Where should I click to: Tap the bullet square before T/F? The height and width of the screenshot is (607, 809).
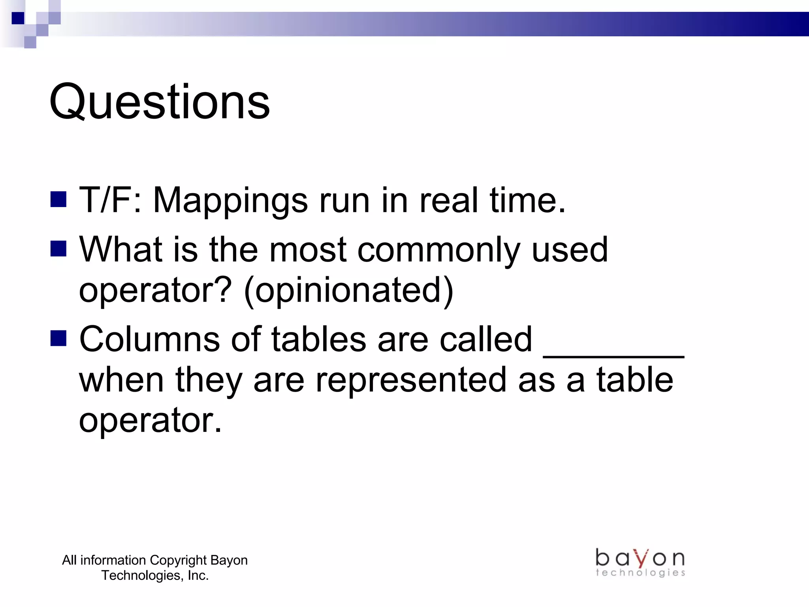[58, 200]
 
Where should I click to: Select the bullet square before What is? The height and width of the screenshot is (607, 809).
[58, 249]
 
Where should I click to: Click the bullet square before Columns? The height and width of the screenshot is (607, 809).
[58, 338]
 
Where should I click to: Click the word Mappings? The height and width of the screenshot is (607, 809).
[230, 201]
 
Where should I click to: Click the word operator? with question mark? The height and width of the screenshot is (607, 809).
[155, 291]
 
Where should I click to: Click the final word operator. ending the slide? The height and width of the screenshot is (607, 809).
[150, 420]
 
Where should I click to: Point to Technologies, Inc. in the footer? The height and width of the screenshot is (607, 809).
[155, 575]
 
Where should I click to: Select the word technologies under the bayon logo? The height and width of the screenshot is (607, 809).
[640, 573]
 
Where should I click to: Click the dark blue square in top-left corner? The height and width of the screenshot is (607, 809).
[18, 18]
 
